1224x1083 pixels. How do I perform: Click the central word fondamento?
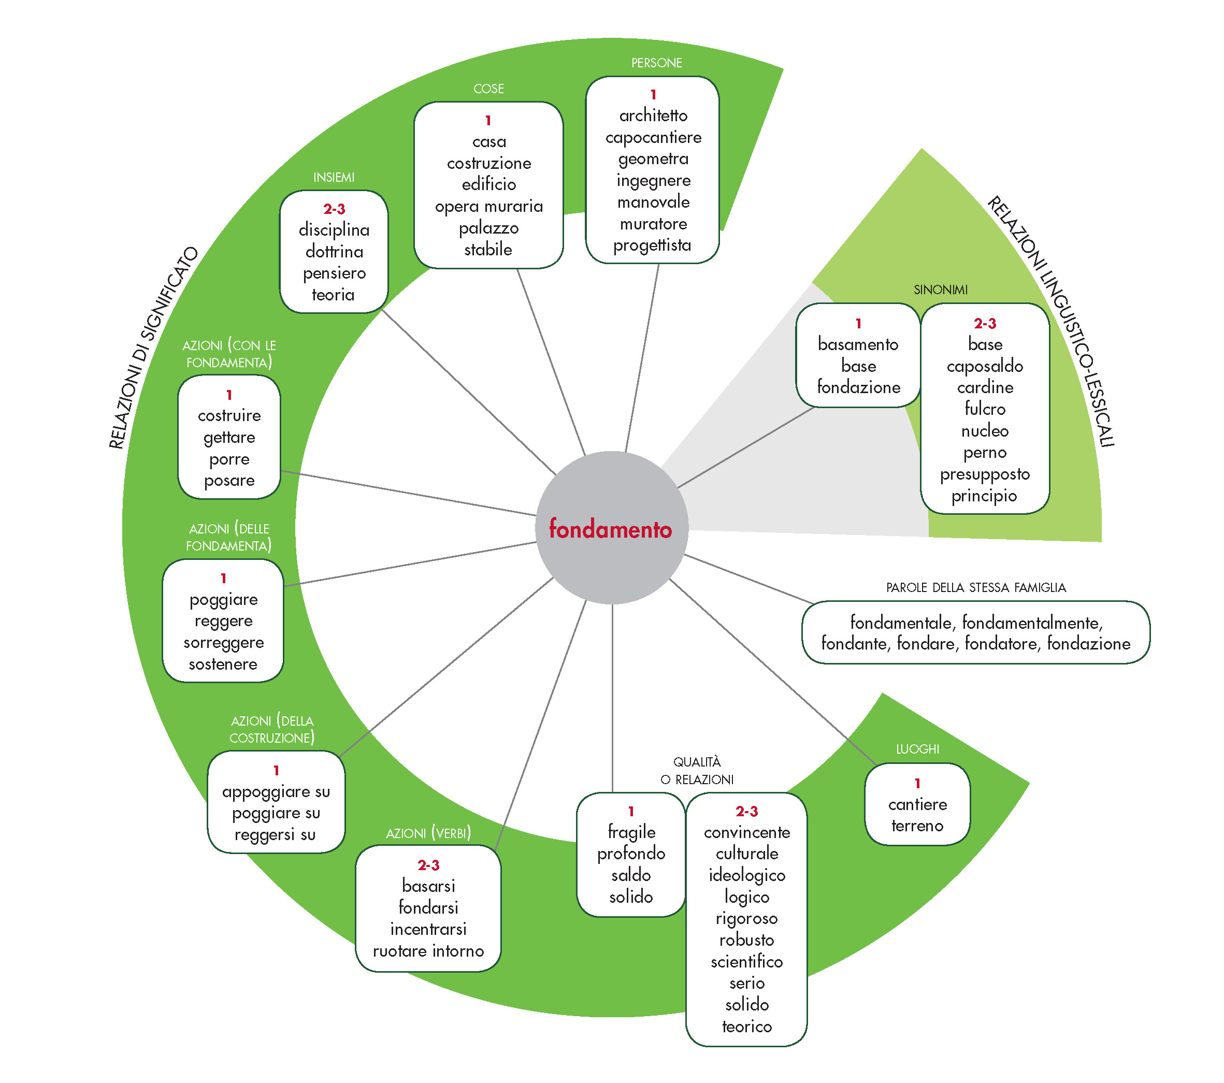610,529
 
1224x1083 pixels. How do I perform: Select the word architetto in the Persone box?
653,115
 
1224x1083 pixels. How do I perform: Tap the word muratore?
653,224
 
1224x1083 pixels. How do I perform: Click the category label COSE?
488,89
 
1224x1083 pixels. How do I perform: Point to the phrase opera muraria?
488,207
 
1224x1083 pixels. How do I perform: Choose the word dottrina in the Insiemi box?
334,251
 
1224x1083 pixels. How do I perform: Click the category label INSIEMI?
334,178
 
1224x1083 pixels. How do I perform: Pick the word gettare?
229,438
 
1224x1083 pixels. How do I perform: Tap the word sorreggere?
223,643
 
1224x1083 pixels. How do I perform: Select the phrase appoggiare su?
276,792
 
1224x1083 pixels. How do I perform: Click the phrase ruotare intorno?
428,951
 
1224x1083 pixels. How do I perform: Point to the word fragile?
631,832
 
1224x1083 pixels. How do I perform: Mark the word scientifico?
747,961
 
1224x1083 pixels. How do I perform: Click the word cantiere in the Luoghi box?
917,805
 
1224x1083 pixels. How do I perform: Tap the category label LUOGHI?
917,749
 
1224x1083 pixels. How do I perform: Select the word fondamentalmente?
1032,623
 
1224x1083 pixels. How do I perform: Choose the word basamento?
858,344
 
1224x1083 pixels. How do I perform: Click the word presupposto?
985,474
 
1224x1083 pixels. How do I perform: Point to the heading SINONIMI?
940,290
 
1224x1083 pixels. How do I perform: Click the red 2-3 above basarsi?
428,865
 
